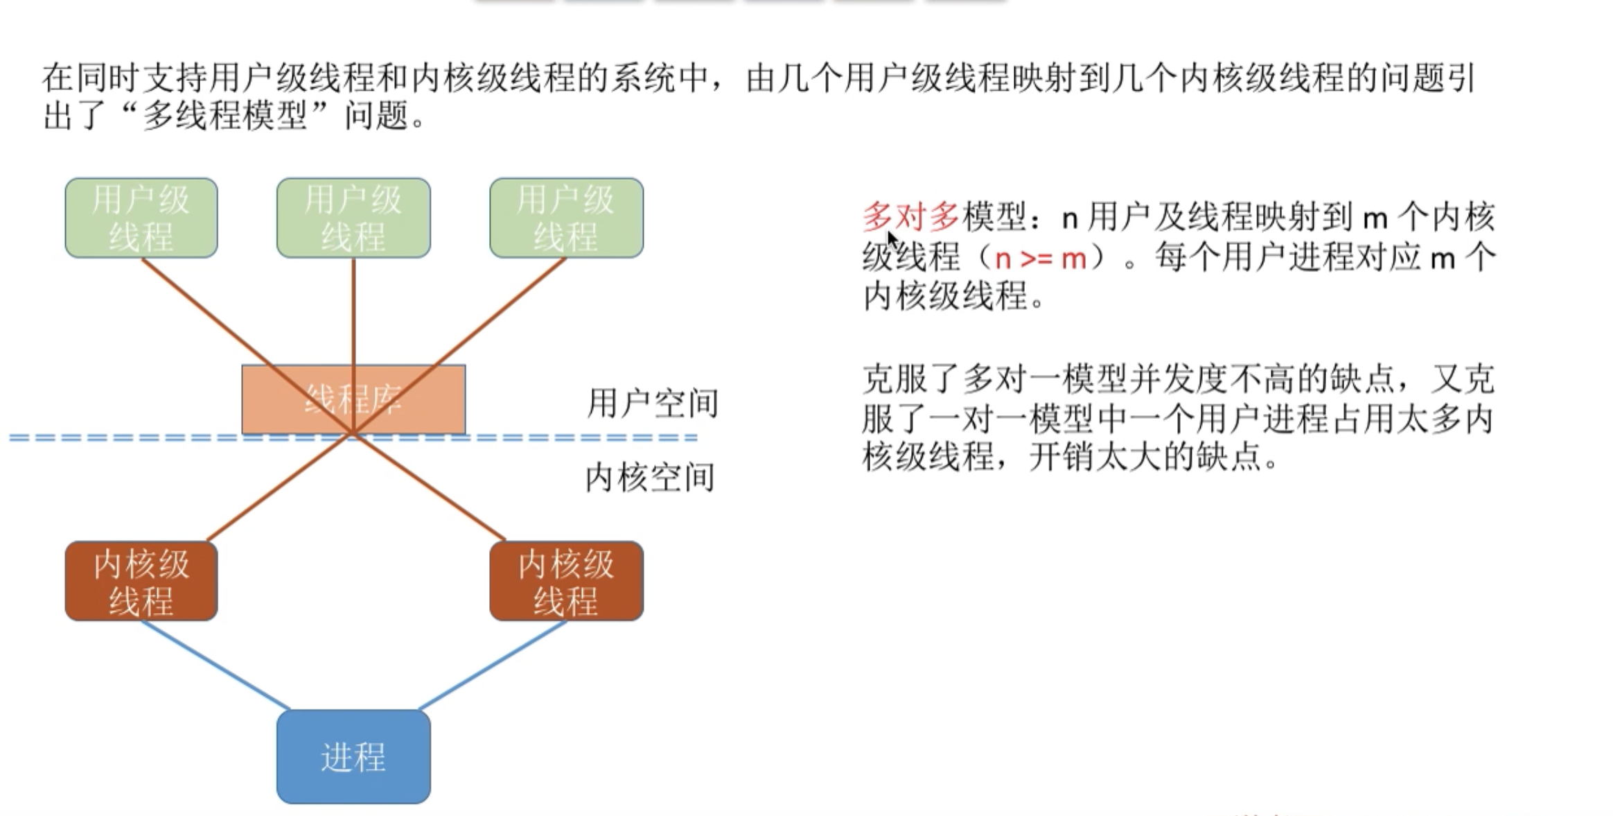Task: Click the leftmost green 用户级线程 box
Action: click(x=141, y=218)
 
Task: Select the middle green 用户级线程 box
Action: click(x=353, y=218)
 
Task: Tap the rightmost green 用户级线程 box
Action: click(x=566, y=218)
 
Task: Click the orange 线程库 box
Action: click(x=353, y=399)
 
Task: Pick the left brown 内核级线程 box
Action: click(x=141, y=581)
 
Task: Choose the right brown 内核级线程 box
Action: click(x=566, y=581)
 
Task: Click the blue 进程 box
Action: click(x=353, y=756)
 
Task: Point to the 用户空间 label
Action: click(x=652, y=403)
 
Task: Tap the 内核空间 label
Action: click(x=649, y=478)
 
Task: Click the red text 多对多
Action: click(x=910, y=218)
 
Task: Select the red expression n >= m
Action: click(x=1040, y=259)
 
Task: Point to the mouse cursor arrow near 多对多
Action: click(x=892, y=240)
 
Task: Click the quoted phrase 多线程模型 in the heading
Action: click(x=224, y=115)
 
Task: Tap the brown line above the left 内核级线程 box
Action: click(x=277, y=489)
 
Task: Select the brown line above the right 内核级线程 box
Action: click(x=430, y=489)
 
